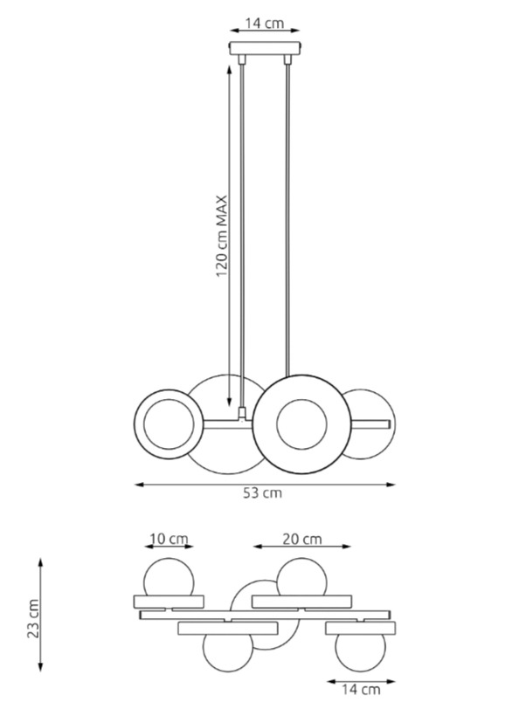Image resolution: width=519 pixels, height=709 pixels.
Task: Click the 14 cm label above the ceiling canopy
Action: (265, 23)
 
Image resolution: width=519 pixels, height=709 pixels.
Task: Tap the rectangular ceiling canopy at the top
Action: (265, 48)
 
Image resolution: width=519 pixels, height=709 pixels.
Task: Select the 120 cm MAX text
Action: (221, 237)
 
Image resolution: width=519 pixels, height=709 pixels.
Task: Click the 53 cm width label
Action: (262, 492)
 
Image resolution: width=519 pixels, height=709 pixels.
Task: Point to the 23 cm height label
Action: (33, 618)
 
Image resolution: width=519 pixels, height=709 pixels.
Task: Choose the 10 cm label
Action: (169, 539)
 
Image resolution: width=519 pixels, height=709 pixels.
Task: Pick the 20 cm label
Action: (302, 539)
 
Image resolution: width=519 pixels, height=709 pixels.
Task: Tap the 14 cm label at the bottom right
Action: (361, 690)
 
